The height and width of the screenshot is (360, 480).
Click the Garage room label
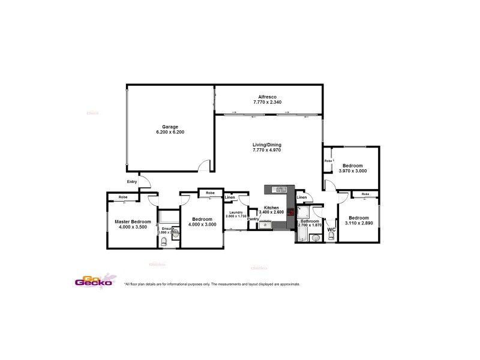tap(169, 127)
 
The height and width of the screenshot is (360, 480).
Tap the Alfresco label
tap(267, 97)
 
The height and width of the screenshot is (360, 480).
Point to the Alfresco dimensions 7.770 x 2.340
tap(267, 102)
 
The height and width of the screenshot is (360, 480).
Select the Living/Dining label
tap(267, 145)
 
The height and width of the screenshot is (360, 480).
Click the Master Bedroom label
tap(133, 221)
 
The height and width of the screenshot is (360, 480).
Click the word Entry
tap(132, 182)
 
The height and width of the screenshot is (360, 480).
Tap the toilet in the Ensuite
tap(164, 242)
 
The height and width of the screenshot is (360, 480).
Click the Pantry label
tap(253, 219)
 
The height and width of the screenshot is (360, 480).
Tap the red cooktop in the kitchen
tap(291, 212)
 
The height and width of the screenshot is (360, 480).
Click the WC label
tap(331, 229)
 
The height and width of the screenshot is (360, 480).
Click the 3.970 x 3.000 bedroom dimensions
tap(352, 171)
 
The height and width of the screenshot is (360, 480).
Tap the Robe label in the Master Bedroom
tap(122, 197)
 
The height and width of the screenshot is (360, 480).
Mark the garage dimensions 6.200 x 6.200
tap(169, 132)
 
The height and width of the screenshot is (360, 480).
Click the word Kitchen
tap(272, 207)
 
